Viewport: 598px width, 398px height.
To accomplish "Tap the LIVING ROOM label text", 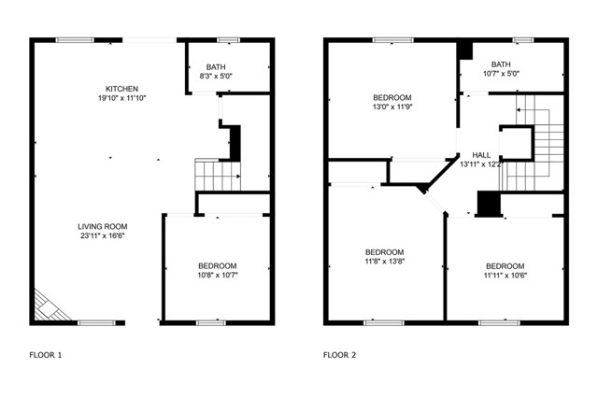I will [103, 226].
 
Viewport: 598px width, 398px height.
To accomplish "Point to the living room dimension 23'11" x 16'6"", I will [103, 236].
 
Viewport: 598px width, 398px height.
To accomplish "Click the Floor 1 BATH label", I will [217, 66].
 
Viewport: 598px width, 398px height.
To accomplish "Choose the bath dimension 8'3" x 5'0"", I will [217, 76].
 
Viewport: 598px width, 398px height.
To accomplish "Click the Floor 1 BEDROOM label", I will [217, 265].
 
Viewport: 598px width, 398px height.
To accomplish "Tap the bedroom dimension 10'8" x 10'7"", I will [217, 276].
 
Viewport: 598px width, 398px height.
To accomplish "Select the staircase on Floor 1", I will [216, 174].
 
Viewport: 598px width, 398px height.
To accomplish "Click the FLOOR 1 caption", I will [46, 355].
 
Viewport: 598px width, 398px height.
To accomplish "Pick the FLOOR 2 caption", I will [340, 355].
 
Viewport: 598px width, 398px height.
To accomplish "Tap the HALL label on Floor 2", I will [481, 155].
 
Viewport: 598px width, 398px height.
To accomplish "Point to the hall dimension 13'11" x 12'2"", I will [481, 164].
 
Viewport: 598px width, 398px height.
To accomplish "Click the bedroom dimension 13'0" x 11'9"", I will [392, 107].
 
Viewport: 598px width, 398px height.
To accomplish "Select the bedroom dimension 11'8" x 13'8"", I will [384, 262].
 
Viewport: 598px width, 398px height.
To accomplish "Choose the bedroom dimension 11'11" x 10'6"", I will [505, 276].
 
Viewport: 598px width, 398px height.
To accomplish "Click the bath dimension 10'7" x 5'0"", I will [501, 73].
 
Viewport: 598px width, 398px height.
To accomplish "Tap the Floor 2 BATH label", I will [501, 63].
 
